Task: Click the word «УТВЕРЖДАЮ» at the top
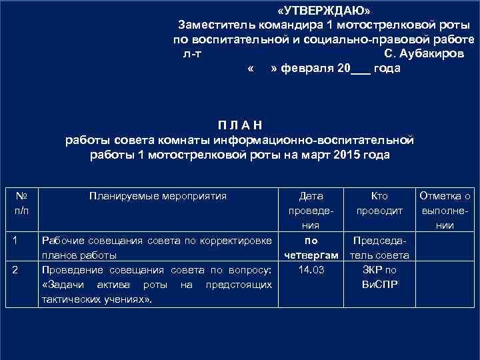[325, 11]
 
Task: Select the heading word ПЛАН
[239, 125]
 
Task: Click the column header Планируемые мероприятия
[157, 196]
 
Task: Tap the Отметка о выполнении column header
[445, 210]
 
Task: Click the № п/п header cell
[21, 203]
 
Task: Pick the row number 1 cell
[21, 240]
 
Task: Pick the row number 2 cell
[21, 269]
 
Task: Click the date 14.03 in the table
[311, 270]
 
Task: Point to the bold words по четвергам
[311, 247]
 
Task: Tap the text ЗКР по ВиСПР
[379, 277]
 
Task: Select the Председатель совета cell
[379, 247]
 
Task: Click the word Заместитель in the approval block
[213, 25]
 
